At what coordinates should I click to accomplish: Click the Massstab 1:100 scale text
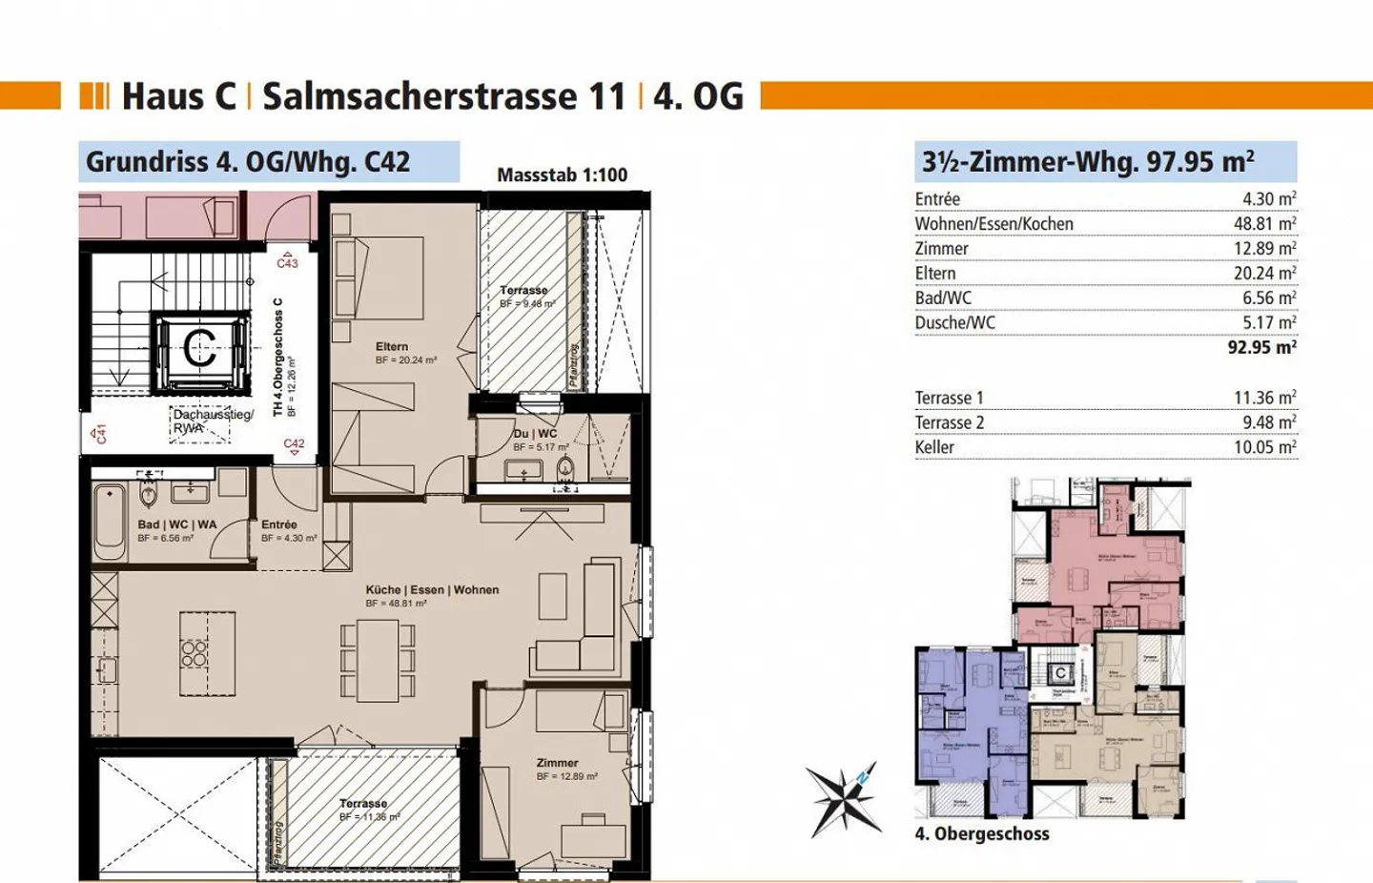click(x=562, y=175)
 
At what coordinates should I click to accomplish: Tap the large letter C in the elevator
click(x=199, y=348)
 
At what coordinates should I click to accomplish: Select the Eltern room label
click(x=392, y=347)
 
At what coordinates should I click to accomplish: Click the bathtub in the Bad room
click(x=110, y=522)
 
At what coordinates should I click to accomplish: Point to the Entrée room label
click(x=279, y=524)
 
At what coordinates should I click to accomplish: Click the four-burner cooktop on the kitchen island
click(x=195, y=653)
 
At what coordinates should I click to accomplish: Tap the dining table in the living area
click(x=378, y=659)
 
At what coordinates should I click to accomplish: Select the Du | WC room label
click(x=535, y=434)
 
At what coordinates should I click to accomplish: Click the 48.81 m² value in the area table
click(x=1264, y=224)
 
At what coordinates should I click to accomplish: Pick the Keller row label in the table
click(x=934, y=447)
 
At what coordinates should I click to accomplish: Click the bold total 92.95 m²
click(x=1261, y=347)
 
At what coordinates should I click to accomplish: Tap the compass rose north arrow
click(x=844, y=799)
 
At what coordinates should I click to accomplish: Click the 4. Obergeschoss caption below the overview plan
click(x=982, y=833)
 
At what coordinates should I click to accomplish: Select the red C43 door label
click(x=287, y=263)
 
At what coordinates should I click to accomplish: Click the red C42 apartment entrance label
click(x=295, y=443)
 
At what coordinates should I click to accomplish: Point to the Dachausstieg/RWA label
click(x=212, y=421)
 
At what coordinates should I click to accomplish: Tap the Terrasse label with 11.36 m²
click(x=363, y=804)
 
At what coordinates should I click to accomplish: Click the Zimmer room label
click(x=557, y=763)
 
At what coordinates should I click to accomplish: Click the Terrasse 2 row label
click(x=950, y=422)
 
